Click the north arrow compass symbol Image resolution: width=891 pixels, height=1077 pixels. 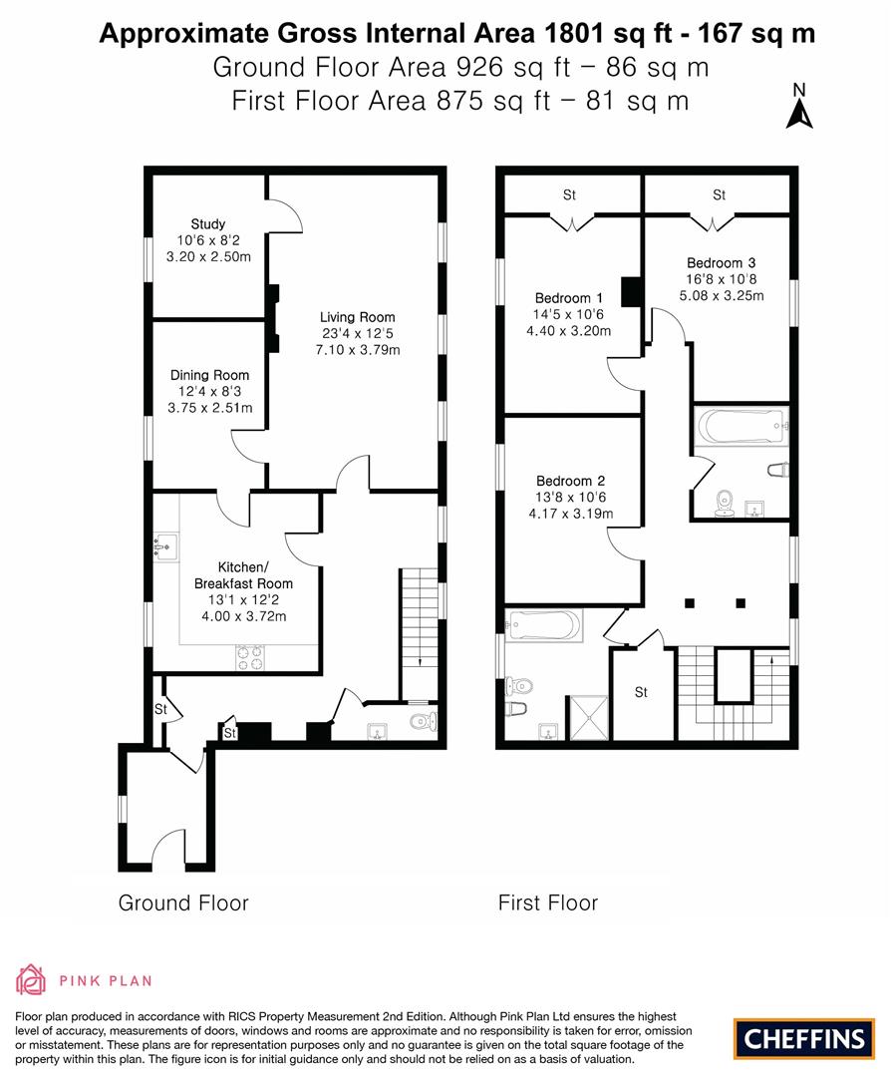(x=798, y=109)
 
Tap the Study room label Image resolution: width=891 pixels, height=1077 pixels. (x=208, y=224)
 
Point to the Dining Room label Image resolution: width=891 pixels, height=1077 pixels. (x=209, y=376)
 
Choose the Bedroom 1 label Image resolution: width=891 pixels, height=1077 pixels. (x=568, y=298)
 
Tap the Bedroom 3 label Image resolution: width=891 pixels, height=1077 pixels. (x=721, y=263)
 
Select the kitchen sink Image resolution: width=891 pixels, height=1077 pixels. (x=166, y=545)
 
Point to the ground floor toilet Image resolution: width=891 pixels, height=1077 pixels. (x=423, y=721)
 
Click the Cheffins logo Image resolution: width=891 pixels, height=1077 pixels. (x=804, y=1038)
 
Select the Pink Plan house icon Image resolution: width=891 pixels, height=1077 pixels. (x=31, y=980)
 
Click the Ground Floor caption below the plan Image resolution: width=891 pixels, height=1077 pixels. (x=183, y=903)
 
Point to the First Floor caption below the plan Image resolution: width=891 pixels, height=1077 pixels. (x=548, y=903)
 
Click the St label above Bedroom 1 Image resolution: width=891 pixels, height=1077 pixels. (x=569, y=195)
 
